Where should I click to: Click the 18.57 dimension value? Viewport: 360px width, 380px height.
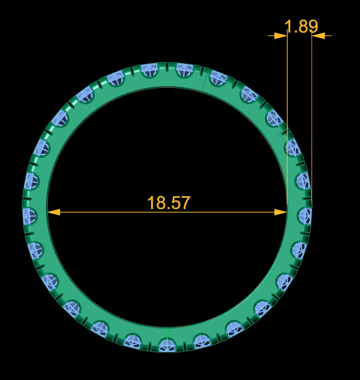[x=169, y=203]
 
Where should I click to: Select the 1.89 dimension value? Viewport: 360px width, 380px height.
[x=301, y=26]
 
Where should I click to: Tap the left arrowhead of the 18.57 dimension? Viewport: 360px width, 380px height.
[x=54, y=212]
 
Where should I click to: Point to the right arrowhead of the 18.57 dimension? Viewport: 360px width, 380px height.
[x=281, y=212]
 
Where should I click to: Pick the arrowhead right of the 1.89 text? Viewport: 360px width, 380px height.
[x=318, y=36]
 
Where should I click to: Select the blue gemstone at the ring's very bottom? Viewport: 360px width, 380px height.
[x=166, y=344]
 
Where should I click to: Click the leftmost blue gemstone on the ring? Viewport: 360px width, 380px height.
[x=29, y=215]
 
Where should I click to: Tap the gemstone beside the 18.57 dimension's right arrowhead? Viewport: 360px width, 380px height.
[x=304, y=215]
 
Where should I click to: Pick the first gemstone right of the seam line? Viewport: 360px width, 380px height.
[x=219, y=78]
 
